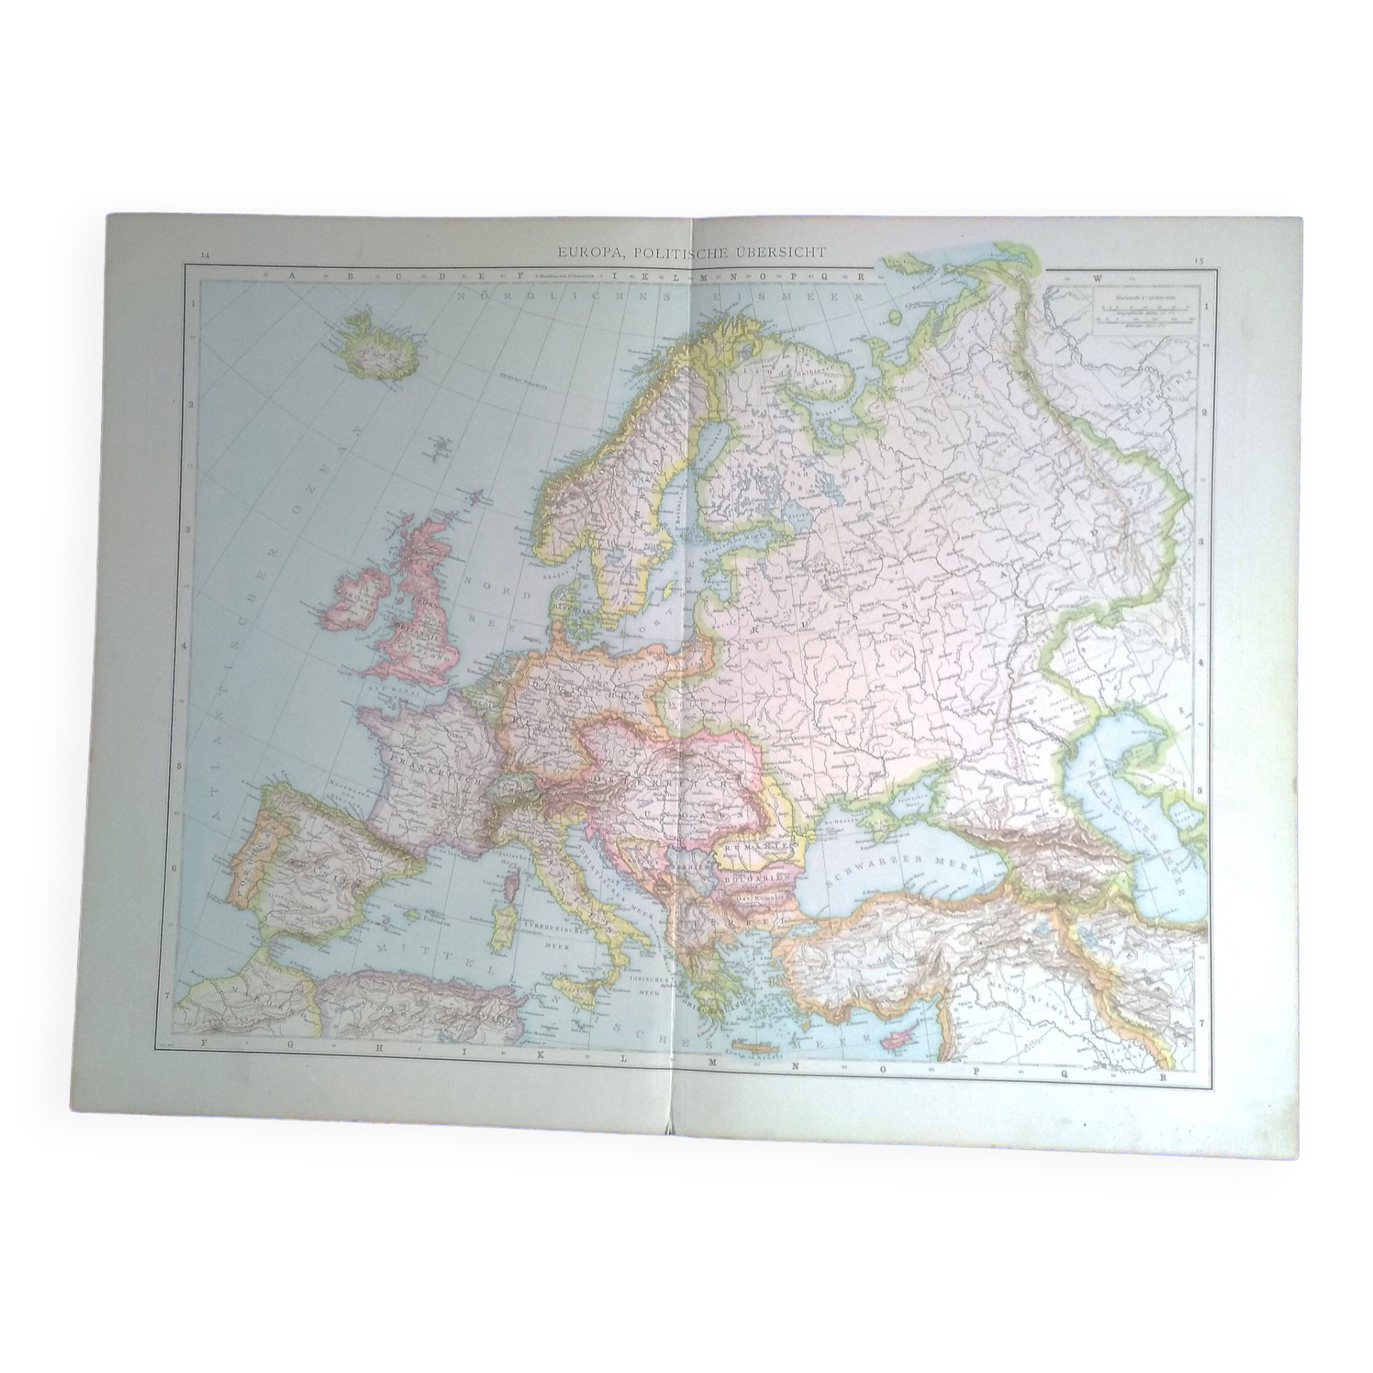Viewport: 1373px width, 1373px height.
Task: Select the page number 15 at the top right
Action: tap(1199, 261)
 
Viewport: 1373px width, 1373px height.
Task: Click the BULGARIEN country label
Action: tap(752, 879)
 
